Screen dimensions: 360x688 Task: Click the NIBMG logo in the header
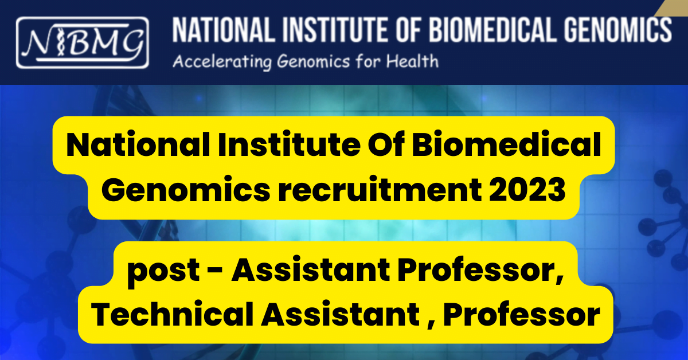[82, 42]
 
